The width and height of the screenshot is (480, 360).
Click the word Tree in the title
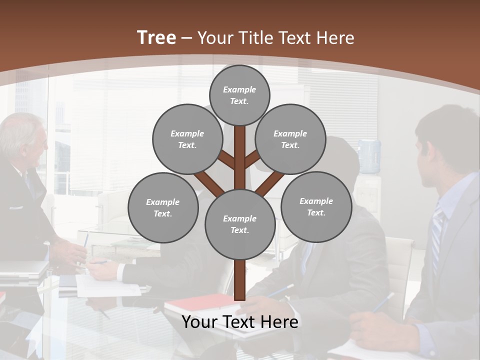pos(156,37)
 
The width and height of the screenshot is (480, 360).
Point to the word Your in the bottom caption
pos(199,322)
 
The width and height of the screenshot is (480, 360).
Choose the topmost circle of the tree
pos(239,95)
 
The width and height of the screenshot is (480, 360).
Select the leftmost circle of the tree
pos(163,207)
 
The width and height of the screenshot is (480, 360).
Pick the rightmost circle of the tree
pos(316,206)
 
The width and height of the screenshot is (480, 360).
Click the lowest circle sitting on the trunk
pos(240,224)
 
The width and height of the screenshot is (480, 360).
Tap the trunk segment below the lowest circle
pos(240,280)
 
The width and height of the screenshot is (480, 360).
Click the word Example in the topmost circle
pos(239,89)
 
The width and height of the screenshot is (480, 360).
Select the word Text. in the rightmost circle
pos(316,212)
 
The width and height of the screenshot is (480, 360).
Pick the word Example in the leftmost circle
pos(163,202)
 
